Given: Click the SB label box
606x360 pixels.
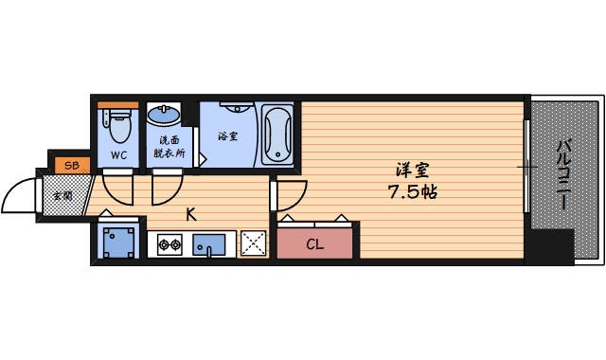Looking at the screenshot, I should [70, 166].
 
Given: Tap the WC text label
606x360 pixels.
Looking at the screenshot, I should [118, 154].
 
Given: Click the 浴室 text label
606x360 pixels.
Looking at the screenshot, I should [227, 136].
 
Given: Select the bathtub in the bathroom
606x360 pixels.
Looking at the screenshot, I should [277, 134].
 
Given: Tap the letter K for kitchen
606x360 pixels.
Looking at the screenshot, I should [190, 214].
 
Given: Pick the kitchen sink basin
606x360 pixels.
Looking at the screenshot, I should [210, 245].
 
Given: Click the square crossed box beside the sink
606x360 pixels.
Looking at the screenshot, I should [254, 243].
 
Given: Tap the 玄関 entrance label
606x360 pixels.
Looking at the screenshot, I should [62, 195].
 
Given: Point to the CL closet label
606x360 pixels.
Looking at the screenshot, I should [315, 244].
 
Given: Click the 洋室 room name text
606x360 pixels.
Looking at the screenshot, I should [413, 171].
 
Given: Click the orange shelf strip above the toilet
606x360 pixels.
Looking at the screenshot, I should [118, 104].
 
